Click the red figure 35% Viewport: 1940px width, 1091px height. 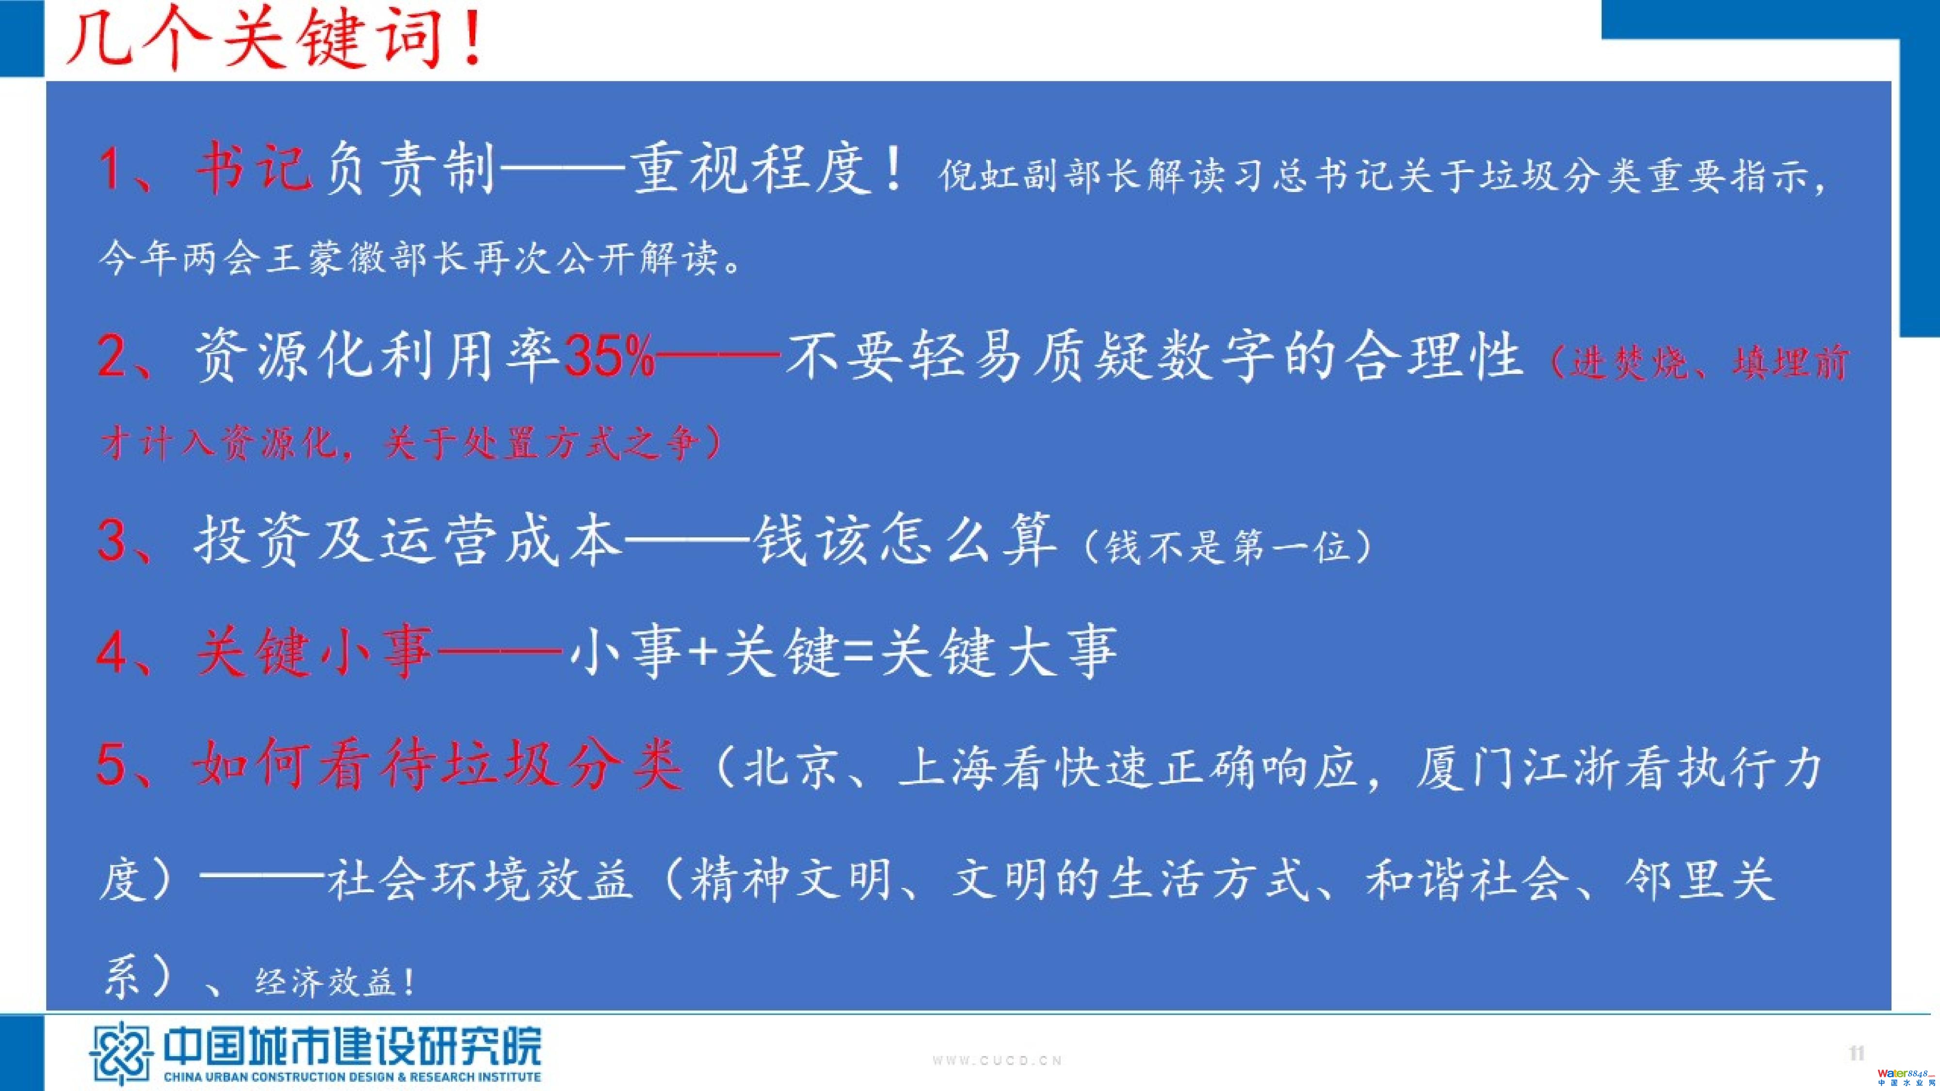coord(609,355)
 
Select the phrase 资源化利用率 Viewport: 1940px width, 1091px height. coord(376,355)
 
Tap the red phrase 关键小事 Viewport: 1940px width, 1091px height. coord(314,651)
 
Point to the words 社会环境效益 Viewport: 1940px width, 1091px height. coord(480,880)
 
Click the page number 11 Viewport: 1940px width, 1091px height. coord(1857,1053)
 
